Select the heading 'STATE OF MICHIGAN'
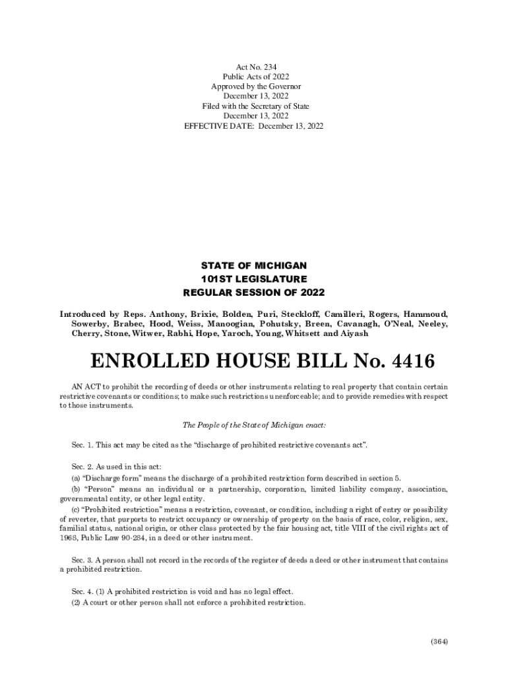pyautogui.click(x=254, y=265)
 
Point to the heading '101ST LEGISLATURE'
pyautogui.click(x=254, y=279)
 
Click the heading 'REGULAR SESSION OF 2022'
pyautogui.click(x=254, y=292)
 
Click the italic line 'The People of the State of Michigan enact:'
pyautogui.click(x=254, y=426)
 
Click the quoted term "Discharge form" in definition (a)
pyautogui.click(x=107, y=478)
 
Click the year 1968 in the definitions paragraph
pyautogui.click(x=68, y=538)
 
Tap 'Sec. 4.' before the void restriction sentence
pyautogui.click(x=84, y=591)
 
